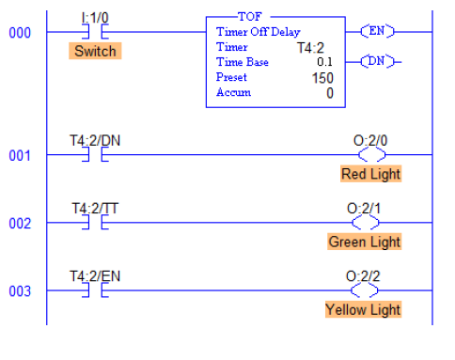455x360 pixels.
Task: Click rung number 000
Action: [19, 33]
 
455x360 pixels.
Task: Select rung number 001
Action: [19, 155]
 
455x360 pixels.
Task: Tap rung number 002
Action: [19, 224]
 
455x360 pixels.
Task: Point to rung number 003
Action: [19, 291]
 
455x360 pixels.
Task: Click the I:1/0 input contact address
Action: [95, 17]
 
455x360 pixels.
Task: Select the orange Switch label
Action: [95, 51]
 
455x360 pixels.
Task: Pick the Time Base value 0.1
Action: [324, 61]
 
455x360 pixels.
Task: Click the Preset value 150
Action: [322, 77]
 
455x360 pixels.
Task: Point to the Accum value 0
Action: [329, 92]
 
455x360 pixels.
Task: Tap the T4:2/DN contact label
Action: [94, 139]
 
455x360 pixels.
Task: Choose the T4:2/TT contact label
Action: [94, 207]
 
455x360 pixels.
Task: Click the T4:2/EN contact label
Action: [94, 274]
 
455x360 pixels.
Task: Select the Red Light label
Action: [370, 174]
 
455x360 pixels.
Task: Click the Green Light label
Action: [364, 242]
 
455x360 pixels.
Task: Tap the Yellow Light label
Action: [363, 309]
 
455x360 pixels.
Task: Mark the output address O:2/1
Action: [365, 207]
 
